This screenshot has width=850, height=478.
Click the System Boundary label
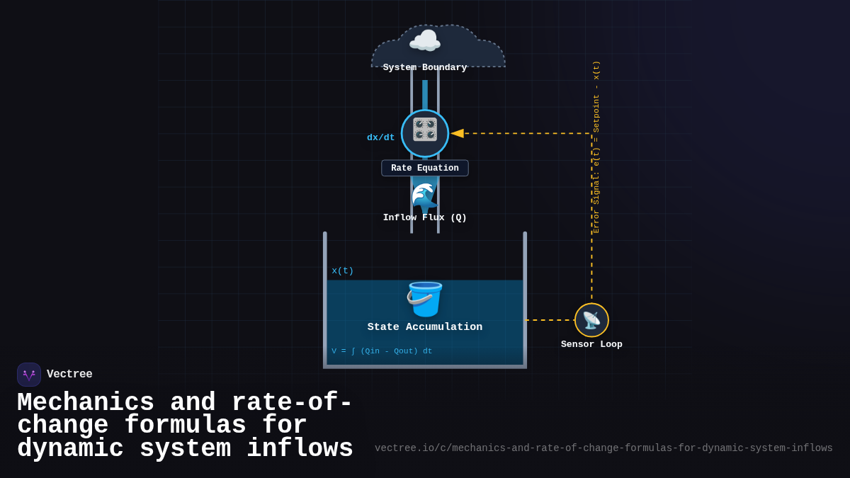[x=425, y=68]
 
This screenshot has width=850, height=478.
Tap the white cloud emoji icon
[x=425, y=41]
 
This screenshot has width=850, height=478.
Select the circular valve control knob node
[x=425, y=133]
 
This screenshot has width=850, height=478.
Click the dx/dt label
[x=380, y=137]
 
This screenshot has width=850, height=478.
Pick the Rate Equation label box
[x=425, y=169]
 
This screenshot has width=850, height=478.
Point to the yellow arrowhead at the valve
[x=457, y=133]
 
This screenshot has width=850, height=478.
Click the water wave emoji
[x=424, y=197]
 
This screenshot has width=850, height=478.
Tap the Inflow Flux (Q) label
[x=425, y=218]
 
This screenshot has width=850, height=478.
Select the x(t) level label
[x=343, y=271]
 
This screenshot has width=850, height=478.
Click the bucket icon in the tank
[x=424, y=299]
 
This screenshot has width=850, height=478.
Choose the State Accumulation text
[x=425, y=327]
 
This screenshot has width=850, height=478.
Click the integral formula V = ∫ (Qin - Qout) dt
[x=382, y=351]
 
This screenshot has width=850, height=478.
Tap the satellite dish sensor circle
[x=591, y=320]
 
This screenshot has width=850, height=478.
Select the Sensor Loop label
[x=591, y=345]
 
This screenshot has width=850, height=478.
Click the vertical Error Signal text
[x=596, y=147]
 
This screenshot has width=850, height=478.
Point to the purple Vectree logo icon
[x=29, y=375]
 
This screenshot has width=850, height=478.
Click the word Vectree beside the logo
[x=69, y=375]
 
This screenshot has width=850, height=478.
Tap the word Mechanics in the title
[x=85, y=403]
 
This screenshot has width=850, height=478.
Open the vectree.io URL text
[x=603, y=448]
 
